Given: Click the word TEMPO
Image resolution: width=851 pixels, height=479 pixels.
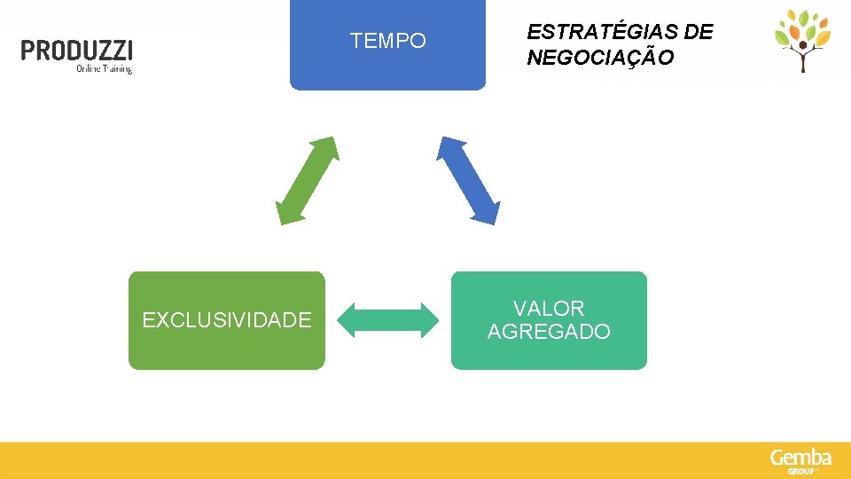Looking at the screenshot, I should click(x=387, y=41).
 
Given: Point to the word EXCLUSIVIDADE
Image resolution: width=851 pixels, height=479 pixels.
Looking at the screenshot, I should click(x=227, y=320).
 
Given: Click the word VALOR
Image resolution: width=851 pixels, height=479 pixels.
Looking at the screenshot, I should click(x=549, y=309).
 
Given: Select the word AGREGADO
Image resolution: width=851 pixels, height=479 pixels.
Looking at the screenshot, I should click(x=549, y=332).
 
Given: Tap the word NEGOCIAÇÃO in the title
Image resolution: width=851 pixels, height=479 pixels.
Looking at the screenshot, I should click(x=600, y=59).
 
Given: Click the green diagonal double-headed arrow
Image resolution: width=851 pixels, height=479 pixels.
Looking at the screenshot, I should click(x=308, y=180).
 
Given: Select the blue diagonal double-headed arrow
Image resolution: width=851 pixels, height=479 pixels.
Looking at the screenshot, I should click(x=468, y=180).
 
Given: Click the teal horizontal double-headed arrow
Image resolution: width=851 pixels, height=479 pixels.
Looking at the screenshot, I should click(x=389, y=320).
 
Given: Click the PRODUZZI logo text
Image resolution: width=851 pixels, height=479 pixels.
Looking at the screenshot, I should click(x=77, y=50).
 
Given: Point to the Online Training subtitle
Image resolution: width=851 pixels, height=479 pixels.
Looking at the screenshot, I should click(x=104, y=68).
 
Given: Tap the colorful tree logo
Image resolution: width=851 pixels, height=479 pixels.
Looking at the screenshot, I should click(x=802, y=39).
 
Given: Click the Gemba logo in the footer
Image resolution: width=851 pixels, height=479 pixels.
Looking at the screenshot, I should click(x=800, y=458).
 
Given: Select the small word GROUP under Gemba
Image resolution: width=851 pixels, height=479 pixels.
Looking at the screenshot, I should click(x=800, y=471).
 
